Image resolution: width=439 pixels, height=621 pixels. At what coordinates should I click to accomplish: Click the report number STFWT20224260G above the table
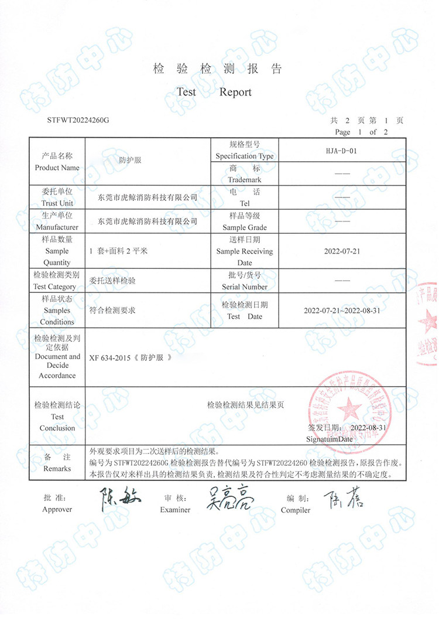(78, 120)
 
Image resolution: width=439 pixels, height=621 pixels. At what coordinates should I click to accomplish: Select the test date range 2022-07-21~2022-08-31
(342, 310)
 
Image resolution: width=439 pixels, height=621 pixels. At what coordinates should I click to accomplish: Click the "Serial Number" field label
(245, 286)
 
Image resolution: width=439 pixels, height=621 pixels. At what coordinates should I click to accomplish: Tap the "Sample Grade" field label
(245, 227)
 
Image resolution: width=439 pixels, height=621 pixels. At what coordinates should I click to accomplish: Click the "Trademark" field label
(245, 179)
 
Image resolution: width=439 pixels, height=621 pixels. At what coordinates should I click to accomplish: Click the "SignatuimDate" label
(330, 438)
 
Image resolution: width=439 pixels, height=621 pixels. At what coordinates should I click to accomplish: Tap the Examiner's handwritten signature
(229, 500)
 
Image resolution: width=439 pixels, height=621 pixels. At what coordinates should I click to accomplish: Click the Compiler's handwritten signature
(343, 499)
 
